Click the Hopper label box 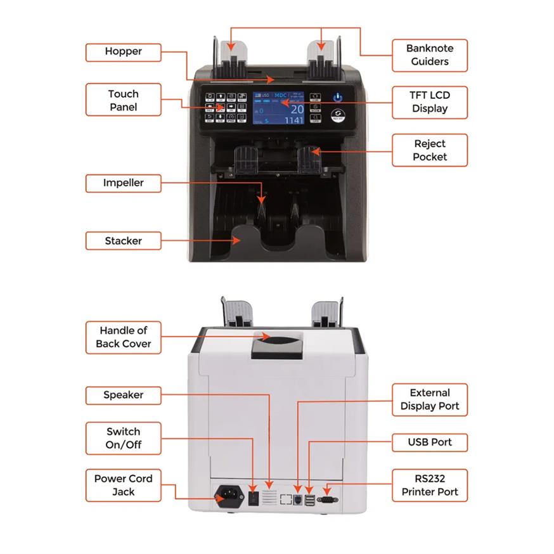(x=123, y=51)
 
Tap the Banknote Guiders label (x=429, y=55)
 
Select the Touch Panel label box (x=123, y=100)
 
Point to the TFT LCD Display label (x=429, y=101)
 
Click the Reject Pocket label (x=429, y=150)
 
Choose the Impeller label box (x=123, y=183)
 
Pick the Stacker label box (x=123, y=241)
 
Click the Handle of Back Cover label (x=123, y=337)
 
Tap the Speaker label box (x=123, y=395)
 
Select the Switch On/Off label (x=123, y=438)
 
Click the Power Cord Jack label (x=123, y=485)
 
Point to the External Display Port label (x=429, y=399)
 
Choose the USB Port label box (x=429, y=442)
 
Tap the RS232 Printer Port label (x=429, y=485)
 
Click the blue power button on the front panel (x=338, y=98)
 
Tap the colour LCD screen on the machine (x=279, y=107)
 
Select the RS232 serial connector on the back (x=328, y=499)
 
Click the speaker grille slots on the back (x=269, y=498)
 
